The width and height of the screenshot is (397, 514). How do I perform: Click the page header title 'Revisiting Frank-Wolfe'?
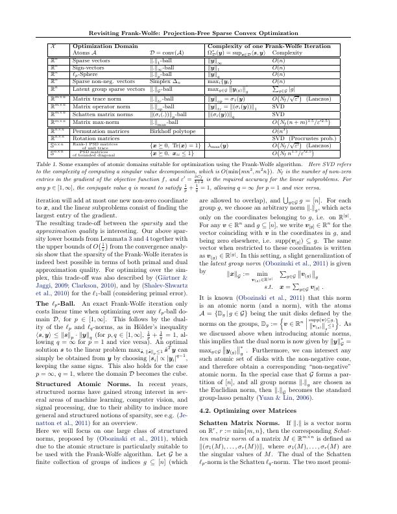click(198, 32)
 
